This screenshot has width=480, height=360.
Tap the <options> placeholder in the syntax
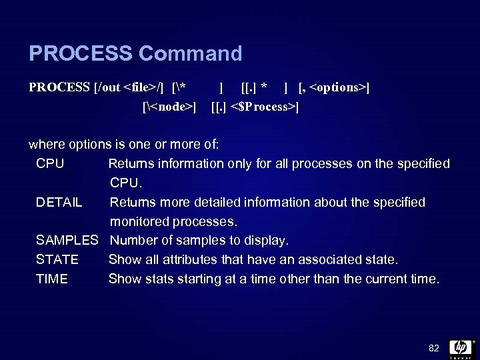339,87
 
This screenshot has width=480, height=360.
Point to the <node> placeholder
169,106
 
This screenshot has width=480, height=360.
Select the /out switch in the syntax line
109,87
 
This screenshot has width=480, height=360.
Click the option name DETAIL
59,202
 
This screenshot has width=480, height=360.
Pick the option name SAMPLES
67,240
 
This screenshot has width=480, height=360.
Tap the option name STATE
57,259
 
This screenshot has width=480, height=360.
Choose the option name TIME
52,279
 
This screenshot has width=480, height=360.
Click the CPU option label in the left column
50,163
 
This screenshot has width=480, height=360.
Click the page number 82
433,347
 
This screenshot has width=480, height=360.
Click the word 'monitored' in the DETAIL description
140,221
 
